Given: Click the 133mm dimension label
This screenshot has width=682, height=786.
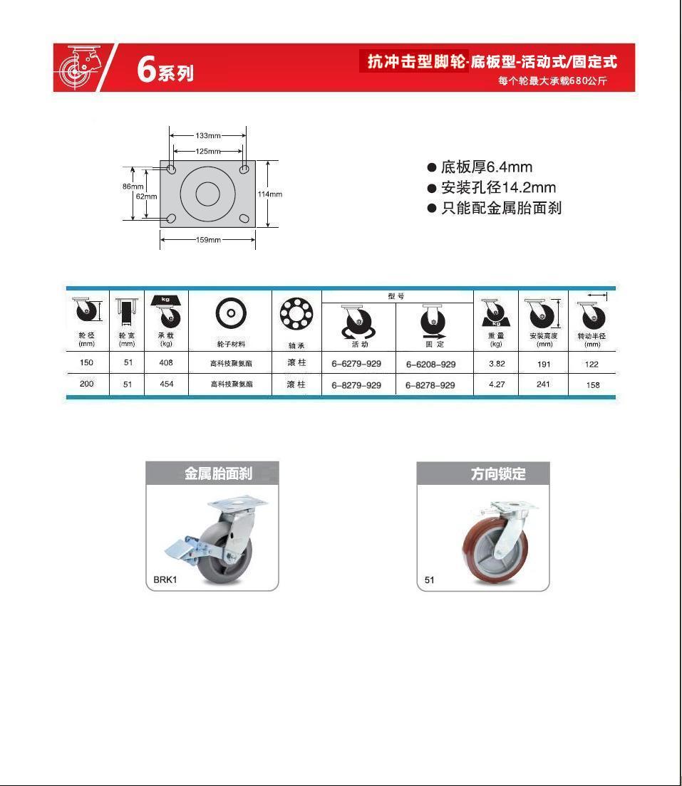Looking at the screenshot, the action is point(208,135).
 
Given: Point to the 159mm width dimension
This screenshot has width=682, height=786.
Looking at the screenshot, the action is point(208,240).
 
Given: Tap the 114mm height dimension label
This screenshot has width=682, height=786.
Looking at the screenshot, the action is point(270,194).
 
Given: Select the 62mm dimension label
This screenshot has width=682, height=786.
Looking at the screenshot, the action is point(147,197).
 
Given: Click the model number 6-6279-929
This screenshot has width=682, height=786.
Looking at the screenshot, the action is point(356,363).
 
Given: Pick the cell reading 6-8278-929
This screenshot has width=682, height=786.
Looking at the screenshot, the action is point(430,385).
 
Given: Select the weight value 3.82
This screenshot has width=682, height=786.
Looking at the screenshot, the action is point(497,363).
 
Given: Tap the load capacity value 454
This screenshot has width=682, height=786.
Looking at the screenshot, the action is point(166,384).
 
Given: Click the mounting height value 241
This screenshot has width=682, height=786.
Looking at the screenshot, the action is point(544,384).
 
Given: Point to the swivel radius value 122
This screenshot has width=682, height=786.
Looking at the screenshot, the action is point(591,365).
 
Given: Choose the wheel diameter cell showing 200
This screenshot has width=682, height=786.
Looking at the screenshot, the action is point(86,384).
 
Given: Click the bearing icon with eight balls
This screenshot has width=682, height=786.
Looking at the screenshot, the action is point(296,313).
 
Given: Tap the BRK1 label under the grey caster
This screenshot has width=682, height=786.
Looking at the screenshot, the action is point(165,580).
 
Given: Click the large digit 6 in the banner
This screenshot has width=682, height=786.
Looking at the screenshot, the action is point(147,68).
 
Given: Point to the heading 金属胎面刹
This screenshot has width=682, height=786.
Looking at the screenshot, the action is point(218,473).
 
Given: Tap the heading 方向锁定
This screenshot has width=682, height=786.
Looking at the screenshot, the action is point(498,473).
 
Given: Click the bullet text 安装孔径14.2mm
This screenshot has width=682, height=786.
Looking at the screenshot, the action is point(498,187).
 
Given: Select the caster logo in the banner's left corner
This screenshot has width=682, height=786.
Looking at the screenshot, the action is point(80,67).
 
